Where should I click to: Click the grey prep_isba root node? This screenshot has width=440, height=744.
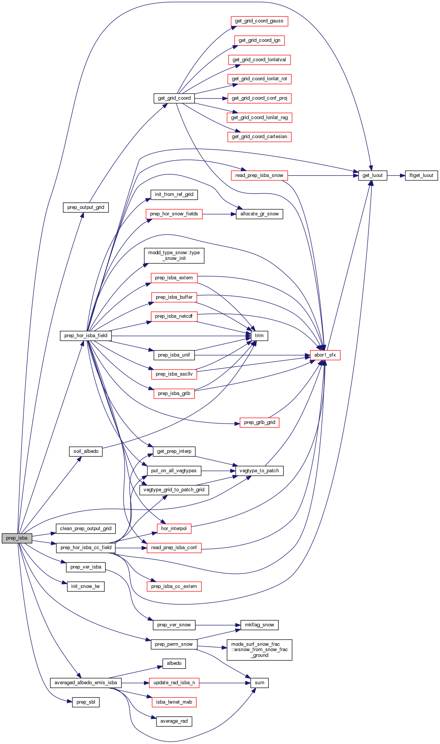[17, 538]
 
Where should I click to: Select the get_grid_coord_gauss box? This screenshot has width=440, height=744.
[259, 21]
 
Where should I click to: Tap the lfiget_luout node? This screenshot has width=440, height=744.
[421, 175]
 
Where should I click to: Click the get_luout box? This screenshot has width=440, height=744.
[373, 175]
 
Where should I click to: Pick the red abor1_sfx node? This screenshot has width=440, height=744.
[325, 355]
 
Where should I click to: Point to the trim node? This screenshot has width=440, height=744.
[259, 336]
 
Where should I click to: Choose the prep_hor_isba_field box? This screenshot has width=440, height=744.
[86, 336]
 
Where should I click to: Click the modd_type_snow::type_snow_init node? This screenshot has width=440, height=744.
[174, 255]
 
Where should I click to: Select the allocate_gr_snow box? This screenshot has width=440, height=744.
[259, 214]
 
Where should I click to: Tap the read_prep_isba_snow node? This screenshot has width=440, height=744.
[259, 175]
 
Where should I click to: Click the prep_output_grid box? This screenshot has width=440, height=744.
[86, 207]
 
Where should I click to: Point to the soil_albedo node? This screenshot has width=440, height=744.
[86, 451]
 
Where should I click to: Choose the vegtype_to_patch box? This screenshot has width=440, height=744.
[259, 471]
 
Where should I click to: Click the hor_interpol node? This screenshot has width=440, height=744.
[174, 529]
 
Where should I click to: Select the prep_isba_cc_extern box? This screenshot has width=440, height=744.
[174, 586]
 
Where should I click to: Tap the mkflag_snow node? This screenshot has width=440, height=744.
[259, 625]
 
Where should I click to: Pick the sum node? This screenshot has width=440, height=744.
[259, 683]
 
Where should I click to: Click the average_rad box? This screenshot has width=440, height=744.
[174, 721]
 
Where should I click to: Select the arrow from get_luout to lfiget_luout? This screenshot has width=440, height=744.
[396, 175]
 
